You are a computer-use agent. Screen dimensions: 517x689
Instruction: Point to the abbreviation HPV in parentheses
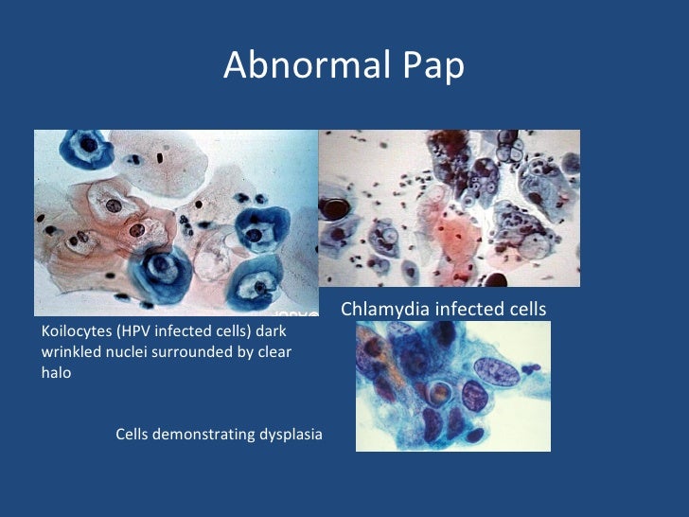tap(137, 332)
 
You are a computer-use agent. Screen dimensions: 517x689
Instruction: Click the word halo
tap(56, 372)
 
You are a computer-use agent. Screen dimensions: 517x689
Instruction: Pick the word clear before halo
tap(273, 352)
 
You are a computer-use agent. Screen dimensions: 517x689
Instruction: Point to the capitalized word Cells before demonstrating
tap(134, 435)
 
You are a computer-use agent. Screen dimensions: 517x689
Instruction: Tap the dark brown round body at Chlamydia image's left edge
tap(333, 206)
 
